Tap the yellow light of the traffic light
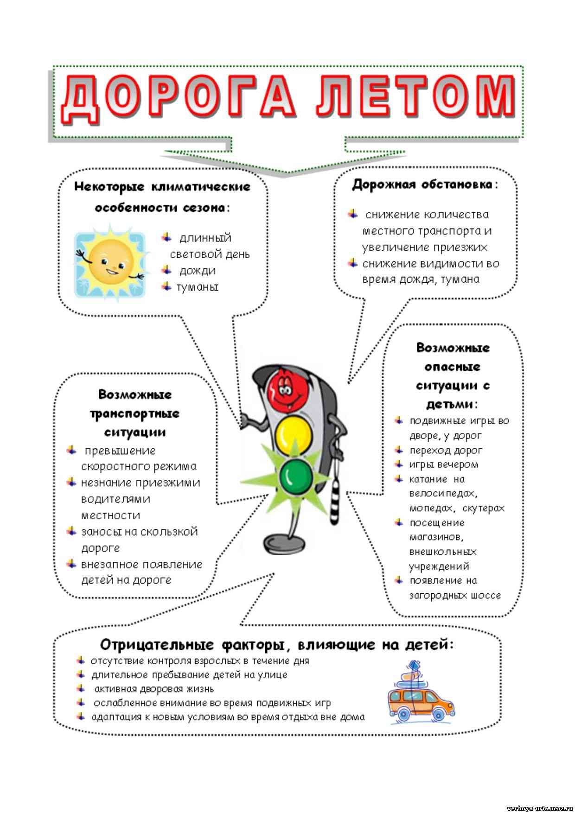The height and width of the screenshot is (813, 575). click(293, 434)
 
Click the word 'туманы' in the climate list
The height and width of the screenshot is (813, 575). click(197, 287)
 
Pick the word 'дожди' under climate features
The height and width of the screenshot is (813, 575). click(198, 271)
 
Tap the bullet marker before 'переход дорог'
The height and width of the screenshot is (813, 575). click(398, 449)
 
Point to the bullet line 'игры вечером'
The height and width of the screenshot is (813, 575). click(443, 464)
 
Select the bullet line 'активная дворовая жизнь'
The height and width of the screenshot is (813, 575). click(153, 689)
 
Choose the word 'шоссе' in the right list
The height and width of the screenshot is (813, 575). click(486, 595)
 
